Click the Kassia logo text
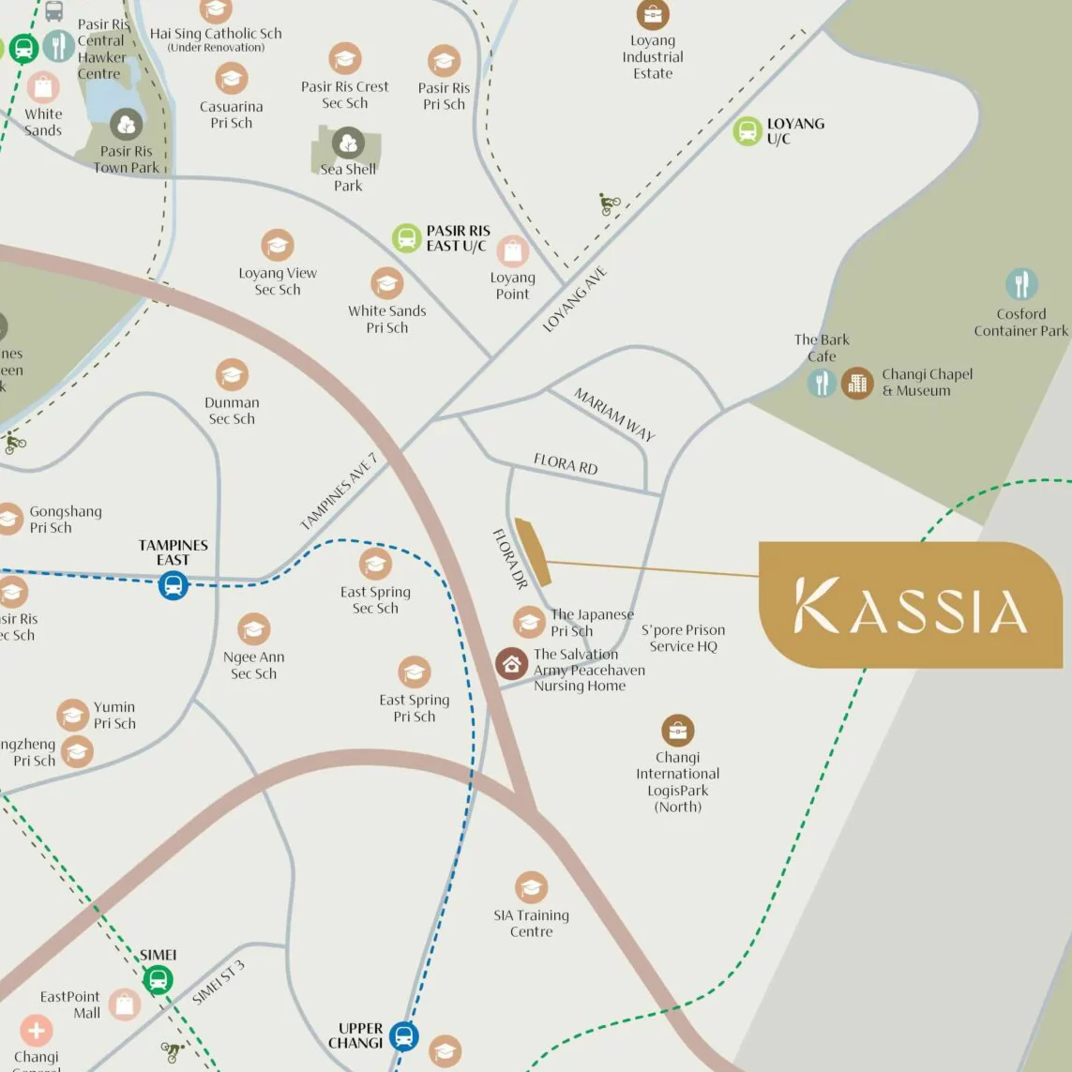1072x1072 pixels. pos(910,606)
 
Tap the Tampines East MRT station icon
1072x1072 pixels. pos(174,586)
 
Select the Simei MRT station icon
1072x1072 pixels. pos(159,980)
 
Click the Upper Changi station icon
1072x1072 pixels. pos(404,1036)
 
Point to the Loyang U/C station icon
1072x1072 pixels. pos(747,131)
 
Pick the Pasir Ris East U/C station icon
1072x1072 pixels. pos(406,238)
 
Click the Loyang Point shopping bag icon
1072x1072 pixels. pos(512,251)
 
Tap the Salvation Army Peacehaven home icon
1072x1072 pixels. pos(511,664)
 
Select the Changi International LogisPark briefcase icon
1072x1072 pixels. pos(677,730)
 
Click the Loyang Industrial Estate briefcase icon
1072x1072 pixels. pos(653,15)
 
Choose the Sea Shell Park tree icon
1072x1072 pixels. pos(348,143)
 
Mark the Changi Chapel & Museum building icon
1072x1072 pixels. pos(856,383)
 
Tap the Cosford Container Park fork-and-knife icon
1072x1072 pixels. pos(1021,284)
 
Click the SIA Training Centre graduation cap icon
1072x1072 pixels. pos(531,887)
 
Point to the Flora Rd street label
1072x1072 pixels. pos(566,463)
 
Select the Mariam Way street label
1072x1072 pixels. pos(614,414)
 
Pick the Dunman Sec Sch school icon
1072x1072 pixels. pos(232,375)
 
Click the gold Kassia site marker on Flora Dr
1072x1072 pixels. pos(532,552)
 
